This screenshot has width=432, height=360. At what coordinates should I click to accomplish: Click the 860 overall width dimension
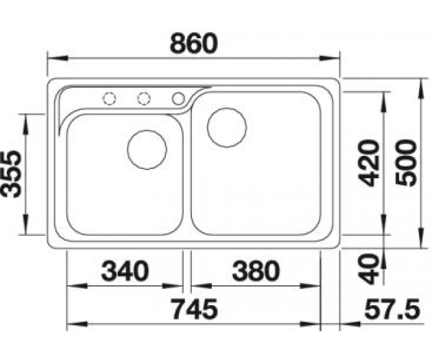pos(194,44)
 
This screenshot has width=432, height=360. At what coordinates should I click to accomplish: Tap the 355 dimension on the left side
pos(11,174)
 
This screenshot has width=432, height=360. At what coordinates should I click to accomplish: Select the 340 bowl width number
pos(125,271)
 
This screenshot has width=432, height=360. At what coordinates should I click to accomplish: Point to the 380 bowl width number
pos(256,271)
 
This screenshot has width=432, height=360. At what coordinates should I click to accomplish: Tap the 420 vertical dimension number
pos(369,163)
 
